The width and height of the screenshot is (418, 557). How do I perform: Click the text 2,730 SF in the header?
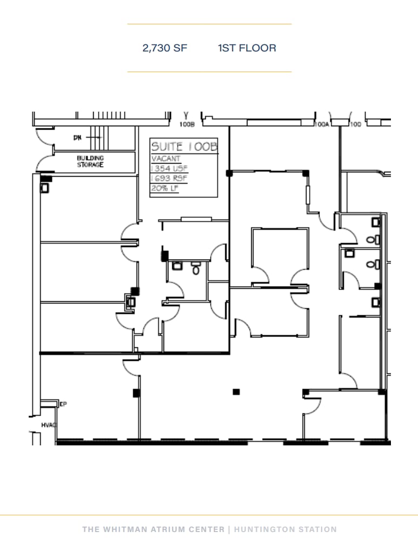pos(165,48)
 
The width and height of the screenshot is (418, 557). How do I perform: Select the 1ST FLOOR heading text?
pos(247,48)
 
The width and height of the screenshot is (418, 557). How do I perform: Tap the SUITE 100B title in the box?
pos(184,147)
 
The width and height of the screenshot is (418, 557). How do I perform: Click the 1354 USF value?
pos(169,169)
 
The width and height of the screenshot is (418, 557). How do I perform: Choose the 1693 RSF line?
pos(169,178)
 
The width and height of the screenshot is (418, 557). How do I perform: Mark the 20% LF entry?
pos(165,188)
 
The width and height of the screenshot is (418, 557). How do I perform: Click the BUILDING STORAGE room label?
pos(90,161)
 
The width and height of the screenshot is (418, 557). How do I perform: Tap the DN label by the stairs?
pos(77,138)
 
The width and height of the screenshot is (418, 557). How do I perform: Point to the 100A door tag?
pos(322,125)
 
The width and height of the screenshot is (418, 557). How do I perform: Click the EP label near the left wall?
pos(63,404)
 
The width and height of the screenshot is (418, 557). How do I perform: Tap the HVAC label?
pos(49,425)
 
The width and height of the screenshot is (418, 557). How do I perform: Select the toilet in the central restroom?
pos(196,267)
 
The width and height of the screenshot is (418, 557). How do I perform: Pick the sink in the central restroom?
pos(177,265)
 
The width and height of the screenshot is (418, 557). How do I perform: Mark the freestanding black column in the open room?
pos(236,391)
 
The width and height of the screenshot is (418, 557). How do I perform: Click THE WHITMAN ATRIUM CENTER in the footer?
pos(153,529)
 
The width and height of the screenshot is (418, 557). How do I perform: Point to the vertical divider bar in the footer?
pos(229,529)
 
